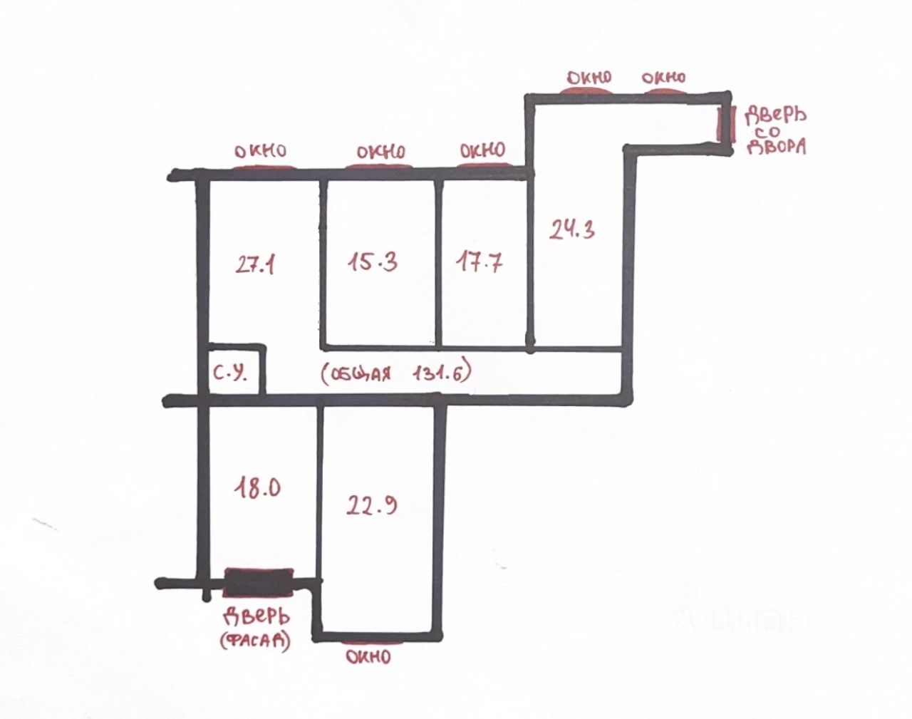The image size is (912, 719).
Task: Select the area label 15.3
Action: [x=373, y=262]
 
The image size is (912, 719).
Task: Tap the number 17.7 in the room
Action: [x=478, y=263]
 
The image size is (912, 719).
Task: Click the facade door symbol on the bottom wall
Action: [x=259, y=581]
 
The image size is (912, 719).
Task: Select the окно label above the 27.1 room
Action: [x=261, y=151]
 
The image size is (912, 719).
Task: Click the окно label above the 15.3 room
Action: [x=380, y=152]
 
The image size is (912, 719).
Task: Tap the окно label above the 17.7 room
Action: [x=482, y=150]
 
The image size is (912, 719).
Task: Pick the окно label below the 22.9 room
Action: [x=368, y=656]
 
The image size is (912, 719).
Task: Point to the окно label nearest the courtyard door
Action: [x=663, y=78]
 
